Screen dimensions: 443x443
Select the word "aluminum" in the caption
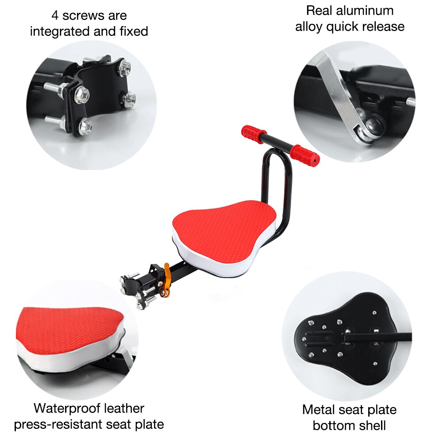click(366, 11)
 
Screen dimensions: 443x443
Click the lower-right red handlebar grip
click(305, 155)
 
